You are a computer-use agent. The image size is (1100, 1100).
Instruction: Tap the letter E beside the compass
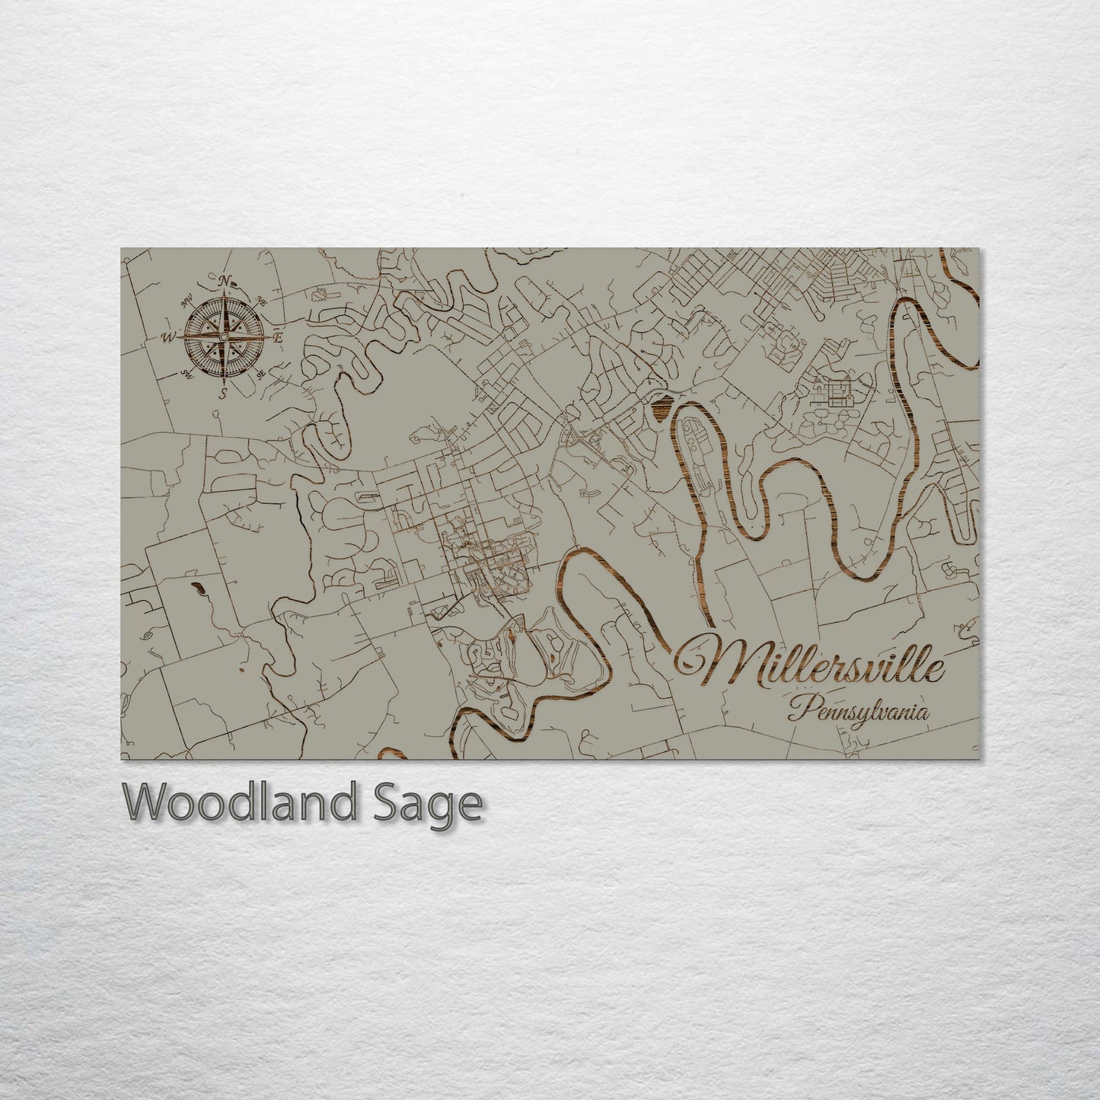[278, 337]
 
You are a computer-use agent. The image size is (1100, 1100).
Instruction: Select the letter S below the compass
[224, 393]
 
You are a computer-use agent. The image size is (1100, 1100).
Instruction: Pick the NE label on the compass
[261, 299]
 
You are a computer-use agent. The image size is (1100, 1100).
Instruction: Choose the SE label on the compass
[260, 374]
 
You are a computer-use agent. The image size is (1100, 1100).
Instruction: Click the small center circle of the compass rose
[224, 337]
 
